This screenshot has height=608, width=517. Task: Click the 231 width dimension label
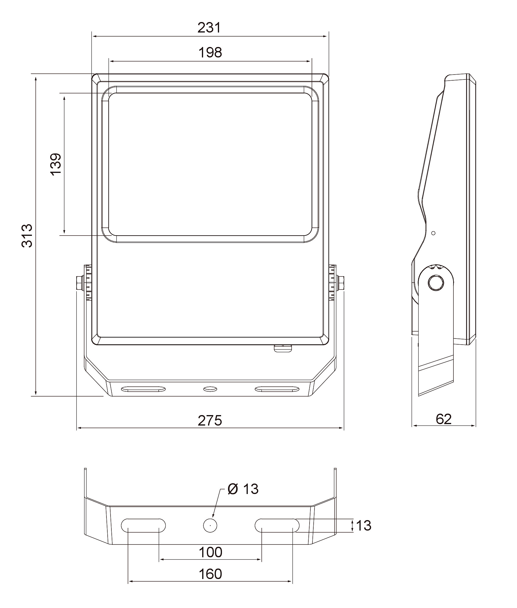pos(209,28)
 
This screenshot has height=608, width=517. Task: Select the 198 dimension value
pos(210,53)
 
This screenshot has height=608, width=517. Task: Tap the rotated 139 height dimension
pos(56,164)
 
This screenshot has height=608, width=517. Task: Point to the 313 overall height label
pos(27,236)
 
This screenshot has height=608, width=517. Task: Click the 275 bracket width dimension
pos(210,421)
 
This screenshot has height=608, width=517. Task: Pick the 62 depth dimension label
pos(443,419)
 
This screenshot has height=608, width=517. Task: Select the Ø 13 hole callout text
pos(243,489)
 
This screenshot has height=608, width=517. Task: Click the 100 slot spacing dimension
pos(210,552)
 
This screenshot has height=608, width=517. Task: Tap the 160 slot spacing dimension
pos(210,574)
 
